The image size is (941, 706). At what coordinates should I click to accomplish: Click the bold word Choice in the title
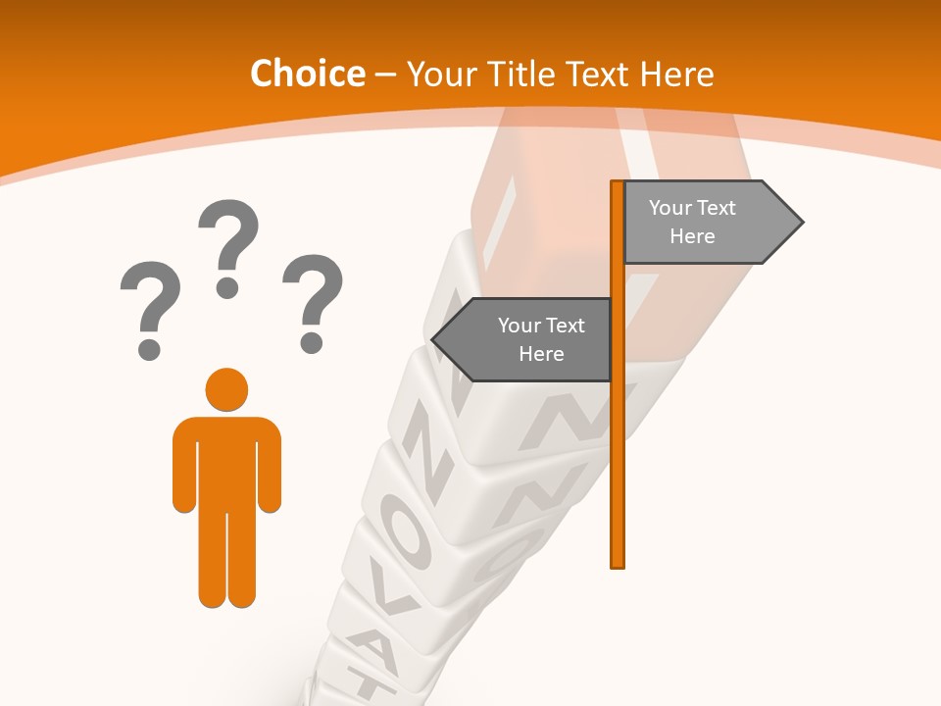(x=307, y=75)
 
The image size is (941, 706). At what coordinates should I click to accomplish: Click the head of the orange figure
(x=226, y=389)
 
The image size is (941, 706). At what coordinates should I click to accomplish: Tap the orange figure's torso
(x=226, y=461)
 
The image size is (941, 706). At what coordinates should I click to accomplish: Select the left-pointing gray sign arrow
(x=524, y=340)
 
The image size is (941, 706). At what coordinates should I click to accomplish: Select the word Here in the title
(x=677, y=75)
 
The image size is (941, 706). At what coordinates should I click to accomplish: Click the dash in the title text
(x=385, y=75)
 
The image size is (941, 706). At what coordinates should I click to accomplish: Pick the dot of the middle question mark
(x=227, y=287)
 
